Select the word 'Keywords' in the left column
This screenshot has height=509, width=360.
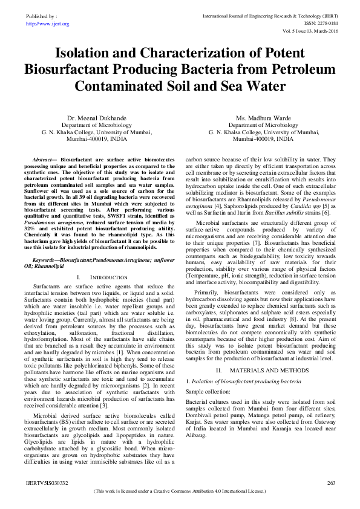click(x=47, y=260)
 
